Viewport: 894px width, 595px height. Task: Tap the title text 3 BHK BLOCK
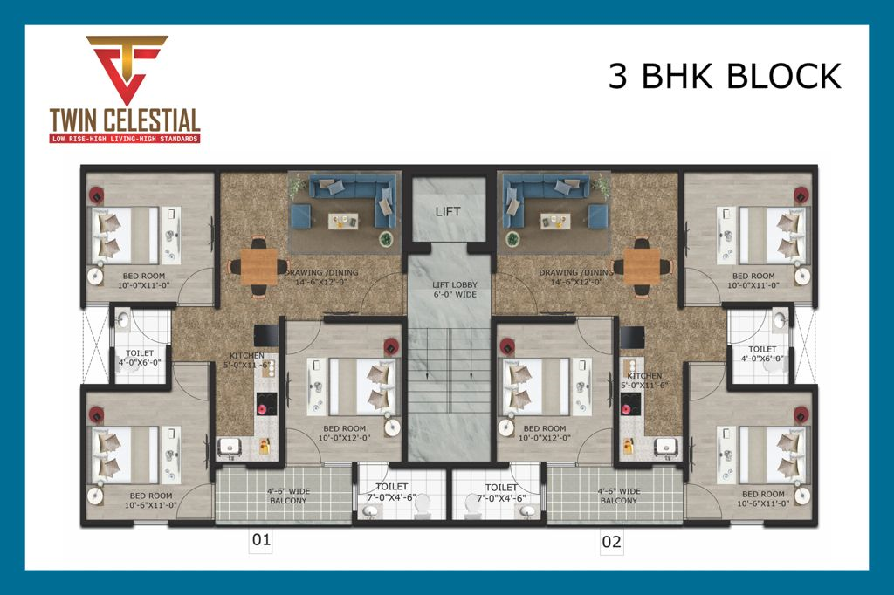(x=724, y=76)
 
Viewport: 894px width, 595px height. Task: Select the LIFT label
(x=448, y=211)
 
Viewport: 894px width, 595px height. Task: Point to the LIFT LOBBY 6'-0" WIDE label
(x=452, y=290)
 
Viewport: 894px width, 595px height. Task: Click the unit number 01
(x=261, y=541)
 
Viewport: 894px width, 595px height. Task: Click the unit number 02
(x=612, y=542)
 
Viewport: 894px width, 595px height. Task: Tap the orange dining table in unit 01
(x=258, y=265)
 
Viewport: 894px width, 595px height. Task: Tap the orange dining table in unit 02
(x=643, y=265)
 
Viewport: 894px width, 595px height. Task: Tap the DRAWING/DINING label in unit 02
(x=576, y=277)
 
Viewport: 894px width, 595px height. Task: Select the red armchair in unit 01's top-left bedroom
(x=96, y=194)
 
